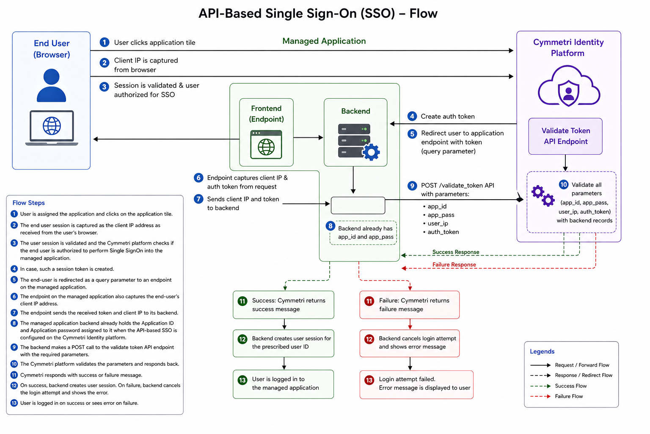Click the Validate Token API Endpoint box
click(x=565, y=136)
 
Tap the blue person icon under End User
click(x=51, y=85)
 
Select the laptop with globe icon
click(x=52, y=128)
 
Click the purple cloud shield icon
click(x=569, y=86)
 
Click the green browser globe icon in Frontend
click(x=266, y=145)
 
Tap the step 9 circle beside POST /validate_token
click(x=412, y=186)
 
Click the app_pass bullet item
click(x=438, y=215)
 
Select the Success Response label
click(x=456, y=252)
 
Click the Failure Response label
click(x=454, y=264)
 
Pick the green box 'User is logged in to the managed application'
click(x=283, y=384)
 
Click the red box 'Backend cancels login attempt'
click(x=410, y=343)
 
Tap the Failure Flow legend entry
click(x=556, y=396)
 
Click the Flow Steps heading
click(x=28, y=203)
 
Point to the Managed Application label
click(x=324, y=41)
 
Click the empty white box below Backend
click(x=358, y=205)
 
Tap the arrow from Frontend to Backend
click(x=308, y=137)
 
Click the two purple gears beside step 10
click(x=543, y=196)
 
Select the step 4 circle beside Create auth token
click(x=412, y=116)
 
